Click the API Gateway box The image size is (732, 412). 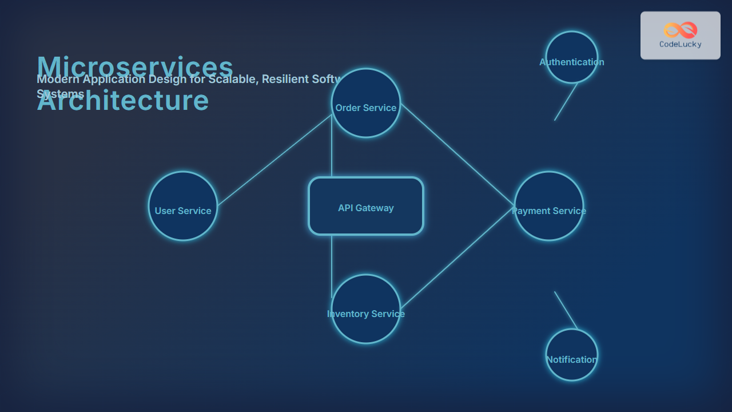(x=366, y=206)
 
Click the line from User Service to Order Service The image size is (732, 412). (x=274, y=160)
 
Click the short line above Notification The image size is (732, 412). (x=565, y=310)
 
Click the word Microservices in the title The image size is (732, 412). (x=135, y=66)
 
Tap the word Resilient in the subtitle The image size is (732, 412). (x=286, y=79)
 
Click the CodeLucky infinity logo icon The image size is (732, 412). (x=681, y=30)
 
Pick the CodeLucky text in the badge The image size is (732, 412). (x=681, y=45)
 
